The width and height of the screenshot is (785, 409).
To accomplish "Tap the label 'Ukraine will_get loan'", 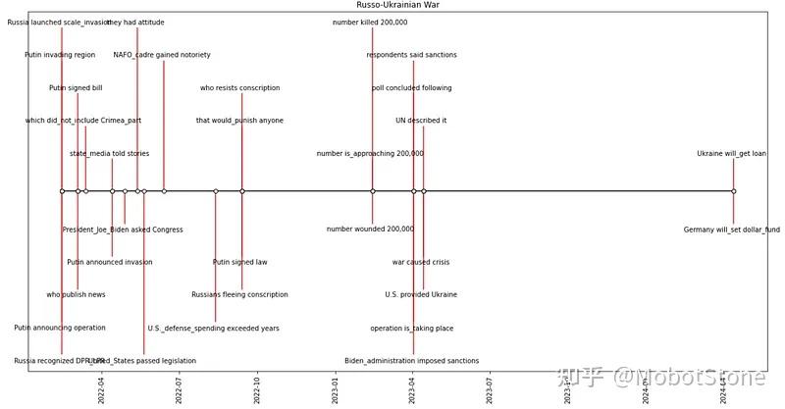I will tap(731, 154).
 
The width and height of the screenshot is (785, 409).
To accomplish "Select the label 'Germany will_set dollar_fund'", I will tap(731, 230).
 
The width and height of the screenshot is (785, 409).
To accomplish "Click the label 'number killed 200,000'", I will tap(370, 23).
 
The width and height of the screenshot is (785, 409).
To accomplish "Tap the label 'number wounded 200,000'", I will tap(370, 230).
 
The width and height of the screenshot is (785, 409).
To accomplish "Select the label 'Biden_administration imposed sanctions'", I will tap(411, 361).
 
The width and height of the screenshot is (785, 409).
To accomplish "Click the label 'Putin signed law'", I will tap(239, 263).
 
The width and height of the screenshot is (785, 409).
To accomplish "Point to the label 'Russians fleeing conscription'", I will tap(239, 295).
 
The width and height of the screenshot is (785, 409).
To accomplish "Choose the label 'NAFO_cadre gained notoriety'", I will tap(162, 55).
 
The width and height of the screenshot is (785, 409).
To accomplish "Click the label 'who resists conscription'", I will tap(239, 88).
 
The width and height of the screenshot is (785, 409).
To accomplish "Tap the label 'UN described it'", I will tap(421, 121).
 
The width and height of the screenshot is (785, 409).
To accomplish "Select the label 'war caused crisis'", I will tap(421, 263).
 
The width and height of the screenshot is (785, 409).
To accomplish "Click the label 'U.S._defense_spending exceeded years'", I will tap(213, 329).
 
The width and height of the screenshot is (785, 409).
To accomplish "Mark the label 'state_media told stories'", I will tap(109, 154).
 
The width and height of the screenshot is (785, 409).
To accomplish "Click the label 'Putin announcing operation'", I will tap(60, 328).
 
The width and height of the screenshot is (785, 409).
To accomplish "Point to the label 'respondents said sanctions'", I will tap(411, 55).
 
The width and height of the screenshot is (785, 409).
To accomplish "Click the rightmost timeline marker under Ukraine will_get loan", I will tap(733, 191).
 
